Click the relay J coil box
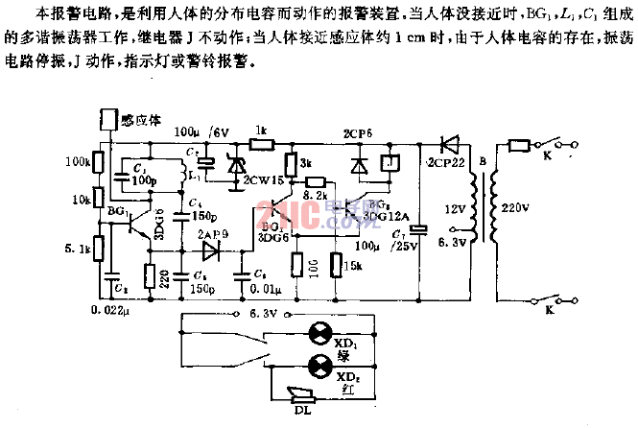pyautogui.click(x=387, y=164)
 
